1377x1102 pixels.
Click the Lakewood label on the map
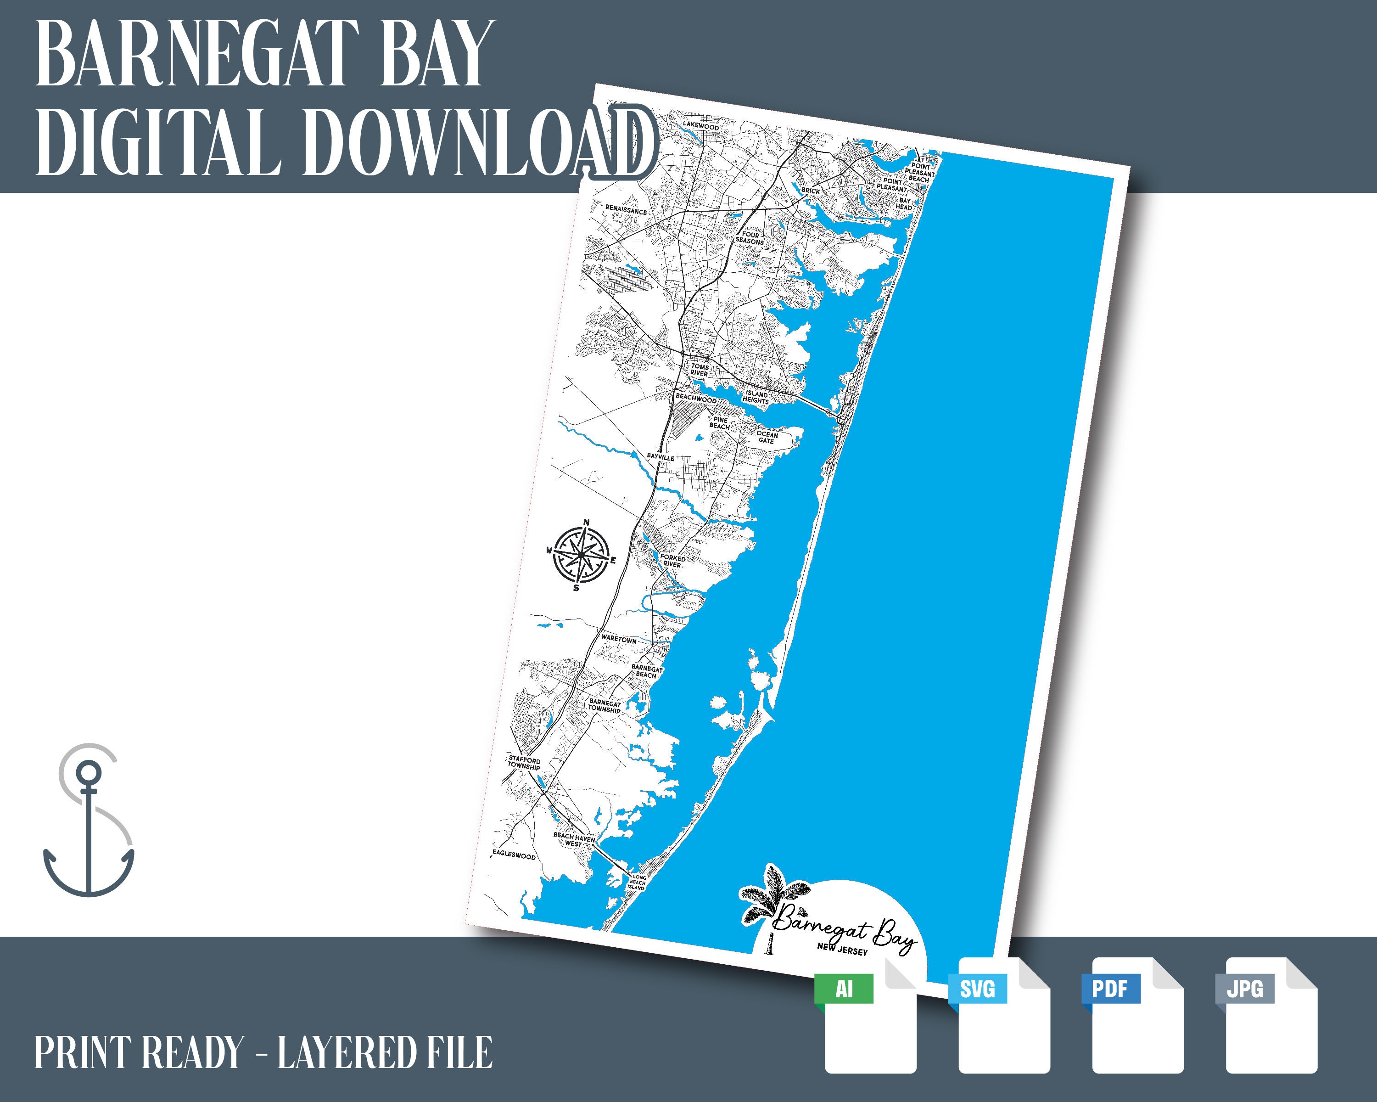click(700, 126)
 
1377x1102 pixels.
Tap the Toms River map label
click(700, 370)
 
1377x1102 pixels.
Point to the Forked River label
click(672, 561)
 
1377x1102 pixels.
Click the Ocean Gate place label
click(767, 438)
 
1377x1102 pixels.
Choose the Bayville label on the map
click(661, 457)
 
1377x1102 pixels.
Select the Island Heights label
click(756, 397)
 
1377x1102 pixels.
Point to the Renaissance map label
click(626, 210)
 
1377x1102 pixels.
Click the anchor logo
click(88, 821)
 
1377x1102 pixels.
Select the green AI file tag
click(844, 990)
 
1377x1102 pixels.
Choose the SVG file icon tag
click(977, 990)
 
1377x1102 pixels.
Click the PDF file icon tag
click(1110, 989)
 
